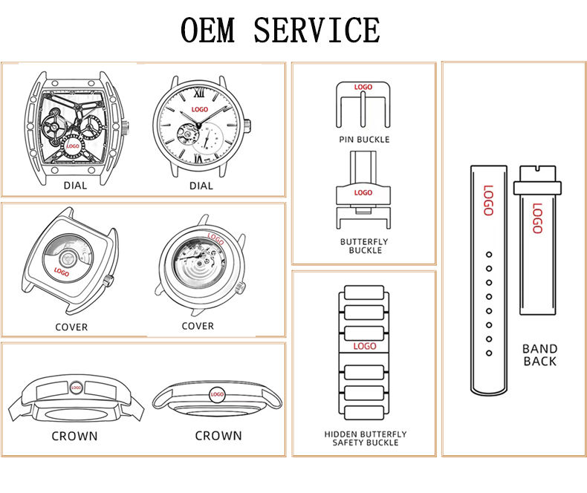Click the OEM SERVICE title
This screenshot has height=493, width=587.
(280, 30)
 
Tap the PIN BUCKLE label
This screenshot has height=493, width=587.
(363, 140)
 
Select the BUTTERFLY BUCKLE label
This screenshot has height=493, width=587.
(364, 246)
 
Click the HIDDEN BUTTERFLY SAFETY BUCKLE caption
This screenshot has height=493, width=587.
(365, 438)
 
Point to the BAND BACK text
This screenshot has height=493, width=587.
(539, 355)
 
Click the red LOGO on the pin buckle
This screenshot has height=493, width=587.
(363, 88)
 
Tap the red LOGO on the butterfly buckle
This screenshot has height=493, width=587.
(363, 192)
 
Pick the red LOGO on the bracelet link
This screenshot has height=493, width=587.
(365, 346)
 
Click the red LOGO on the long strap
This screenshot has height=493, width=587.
(488, 200)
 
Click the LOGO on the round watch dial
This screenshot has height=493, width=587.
(201, 109)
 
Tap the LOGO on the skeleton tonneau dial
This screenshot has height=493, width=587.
(73, 146)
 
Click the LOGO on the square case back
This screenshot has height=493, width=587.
(62, 272)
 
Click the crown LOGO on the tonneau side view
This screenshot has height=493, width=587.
(75, 388)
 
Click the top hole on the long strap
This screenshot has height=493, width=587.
(488, 255)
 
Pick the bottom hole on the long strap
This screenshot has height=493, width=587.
(488, 353)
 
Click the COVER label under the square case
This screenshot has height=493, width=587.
(71, 327)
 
